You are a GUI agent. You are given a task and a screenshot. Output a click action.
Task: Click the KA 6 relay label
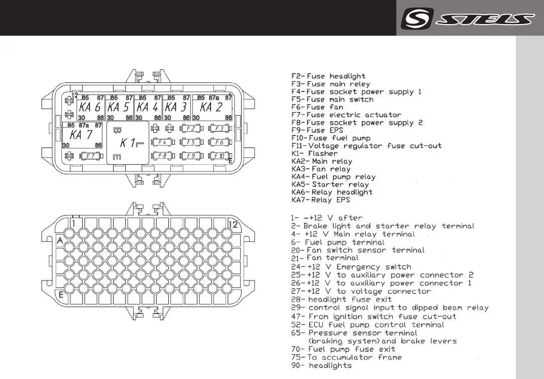point(90,107)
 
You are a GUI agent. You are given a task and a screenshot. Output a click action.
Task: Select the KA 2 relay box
point(212,107)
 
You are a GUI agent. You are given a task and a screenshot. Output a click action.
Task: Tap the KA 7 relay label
point(81,135)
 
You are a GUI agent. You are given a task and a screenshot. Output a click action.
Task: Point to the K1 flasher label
point(128,143)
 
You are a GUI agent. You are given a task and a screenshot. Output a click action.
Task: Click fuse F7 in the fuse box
point(91,156)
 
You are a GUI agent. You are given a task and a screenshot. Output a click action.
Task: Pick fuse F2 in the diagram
point(190,129)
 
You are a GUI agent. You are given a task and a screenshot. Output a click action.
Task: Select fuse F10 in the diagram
point(219,156)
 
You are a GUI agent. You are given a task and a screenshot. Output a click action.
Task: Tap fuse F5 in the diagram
point(190,142)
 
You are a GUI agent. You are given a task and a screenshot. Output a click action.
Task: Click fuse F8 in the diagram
point(162,156)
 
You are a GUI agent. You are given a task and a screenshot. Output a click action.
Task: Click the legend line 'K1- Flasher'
point(315,153)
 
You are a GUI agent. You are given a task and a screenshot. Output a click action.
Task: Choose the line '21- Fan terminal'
point(325,258)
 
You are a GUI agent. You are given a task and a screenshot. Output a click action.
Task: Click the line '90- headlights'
point(321,365)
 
